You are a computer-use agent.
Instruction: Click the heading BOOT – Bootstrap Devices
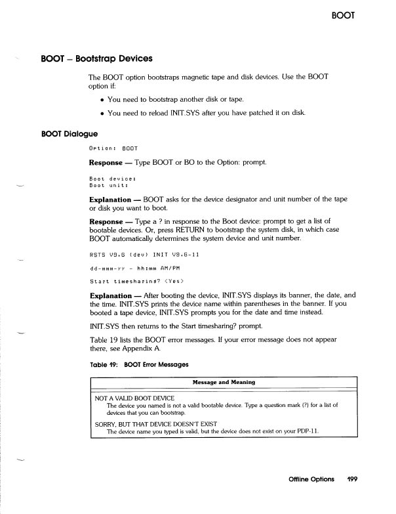point(96,58)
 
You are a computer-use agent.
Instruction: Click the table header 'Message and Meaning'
point(224,382)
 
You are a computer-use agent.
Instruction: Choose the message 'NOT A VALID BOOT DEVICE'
point(135,398)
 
